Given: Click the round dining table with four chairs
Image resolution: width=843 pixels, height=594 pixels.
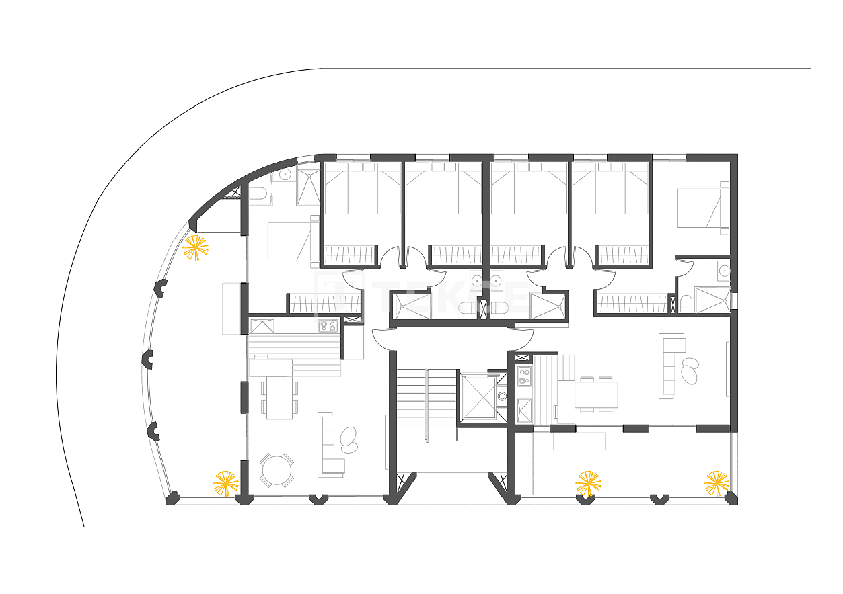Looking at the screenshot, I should (277, 470).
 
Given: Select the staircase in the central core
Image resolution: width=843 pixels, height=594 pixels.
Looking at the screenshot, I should (426, 404).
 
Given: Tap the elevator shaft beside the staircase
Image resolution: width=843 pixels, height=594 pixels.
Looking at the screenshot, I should (476, 397).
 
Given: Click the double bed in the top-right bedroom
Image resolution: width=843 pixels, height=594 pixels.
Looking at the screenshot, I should (700, 208).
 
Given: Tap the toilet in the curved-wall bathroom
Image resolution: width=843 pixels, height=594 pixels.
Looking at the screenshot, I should (259, 194).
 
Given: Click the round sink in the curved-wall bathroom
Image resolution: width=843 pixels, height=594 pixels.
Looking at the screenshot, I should (285, 174).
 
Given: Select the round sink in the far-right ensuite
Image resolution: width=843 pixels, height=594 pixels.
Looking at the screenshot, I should (724, 271).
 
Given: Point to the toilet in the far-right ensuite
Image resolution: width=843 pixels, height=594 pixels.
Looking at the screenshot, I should (686, 304).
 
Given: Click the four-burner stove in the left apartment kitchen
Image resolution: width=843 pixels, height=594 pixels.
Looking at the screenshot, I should (328, 326).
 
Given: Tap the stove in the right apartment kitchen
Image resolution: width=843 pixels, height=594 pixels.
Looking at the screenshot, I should (524, 376).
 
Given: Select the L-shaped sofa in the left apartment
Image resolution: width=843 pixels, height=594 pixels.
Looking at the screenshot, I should (329, 446).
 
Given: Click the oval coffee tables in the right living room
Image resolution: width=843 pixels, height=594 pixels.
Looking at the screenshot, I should (690, 370).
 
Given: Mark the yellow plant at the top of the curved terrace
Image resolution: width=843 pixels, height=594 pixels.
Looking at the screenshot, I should (195, 248).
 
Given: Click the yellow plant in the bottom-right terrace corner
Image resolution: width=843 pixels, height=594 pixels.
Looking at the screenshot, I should (717, 484).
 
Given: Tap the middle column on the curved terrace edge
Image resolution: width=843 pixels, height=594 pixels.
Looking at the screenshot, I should (148, 359).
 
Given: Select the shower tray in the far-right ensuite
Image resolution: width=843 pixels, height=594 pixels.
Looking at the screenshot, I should (712, 300).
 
